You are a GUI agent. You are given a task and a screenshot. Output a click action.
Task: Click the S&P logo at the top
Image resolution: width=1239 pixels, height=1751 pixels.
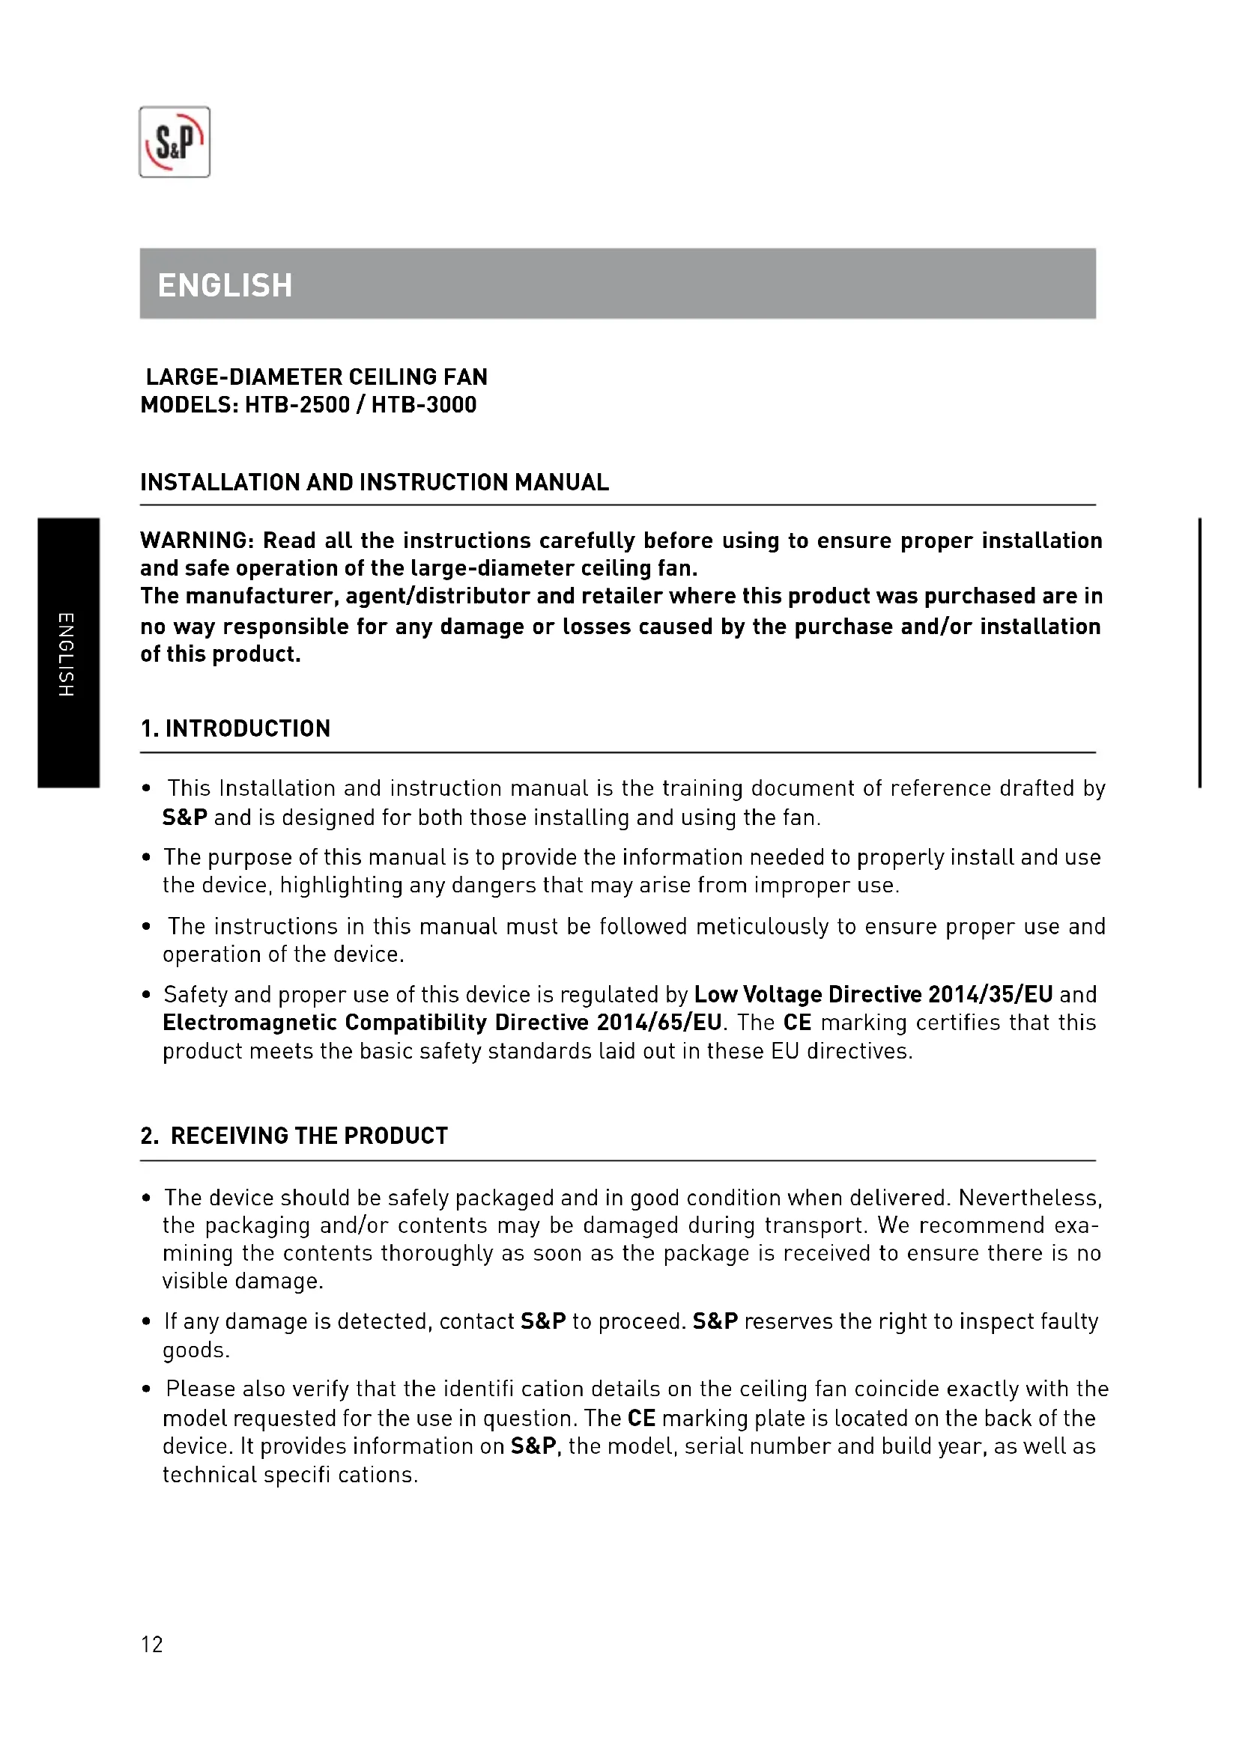[174, 141]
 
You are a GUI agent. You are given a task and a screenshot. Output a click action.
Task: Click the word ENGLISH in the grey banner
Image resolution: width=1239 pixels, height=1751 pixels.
[224, 285]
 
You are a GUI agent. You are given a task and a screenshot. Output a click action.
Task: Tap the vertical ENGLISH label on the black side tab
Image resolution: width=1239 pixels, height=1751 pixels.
[67, 654]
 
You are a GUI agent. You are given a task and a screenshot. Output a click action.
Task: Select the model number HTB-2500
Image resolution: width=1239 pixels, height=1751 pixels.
[297, 405]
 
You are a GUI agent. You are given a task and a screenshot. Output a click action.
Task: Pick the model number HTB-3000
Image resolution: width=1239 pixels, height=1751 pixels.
[423, 405]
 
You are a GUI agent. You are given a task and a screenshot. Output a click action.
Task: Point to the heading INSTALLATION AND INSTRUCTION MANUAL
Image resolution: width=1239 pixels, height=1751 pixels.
[375, 482]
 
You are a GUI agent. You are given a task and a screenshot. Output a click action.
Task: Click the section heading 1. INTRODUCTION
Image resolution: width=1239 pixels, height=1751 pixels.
[235, 728]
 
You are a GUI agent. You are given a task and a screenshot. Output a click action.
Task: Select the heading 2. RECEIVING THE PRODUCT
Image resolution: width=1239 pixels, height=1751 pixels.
[294, 1136]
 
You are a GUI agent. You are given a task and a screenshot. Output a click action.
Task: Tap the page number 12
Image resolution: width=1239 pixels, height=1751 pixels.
[152, 1644]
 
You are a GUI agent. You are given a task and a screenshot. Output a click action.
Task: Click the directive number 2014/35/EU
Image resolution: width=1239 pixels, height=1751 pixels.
[990, 994]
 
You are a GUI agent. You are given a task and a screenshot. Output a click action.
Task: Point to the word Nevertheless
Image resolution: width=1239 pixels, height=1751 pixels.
[1029, 1198]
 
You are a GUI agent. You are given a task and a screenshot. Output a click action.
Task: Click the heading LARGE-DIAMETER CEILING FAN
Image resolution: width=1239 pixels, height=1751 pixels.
[317, 377]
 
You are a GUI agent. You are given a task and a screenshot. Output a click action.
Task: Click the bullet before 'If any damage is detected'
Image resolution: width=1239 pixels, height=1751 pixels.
[147, 1322]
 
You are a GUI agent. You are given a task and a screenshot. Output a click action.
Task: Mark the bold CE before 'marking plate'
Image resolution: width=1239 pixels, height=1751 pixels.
[641, 1419]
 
